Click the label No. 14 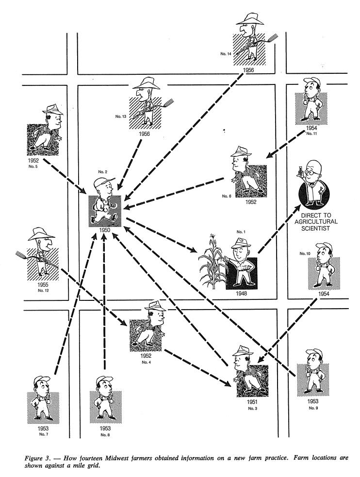click(x=226, y=54)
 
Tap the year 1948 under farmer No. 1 click(x=241, y=293)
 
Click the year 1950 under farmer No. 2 click(x=104, y=230)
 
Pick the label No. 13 click(x=121, y=116)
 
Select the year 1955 click(x=43, y=285)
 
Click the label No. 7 click(x=44, y=434)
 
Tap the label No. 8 click(x=105, y=435)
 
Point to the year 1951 click(x=252, y=402)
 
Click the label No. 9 click(x=313, y=408)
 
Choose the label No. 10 click(x=305, y=253)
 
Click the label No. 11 click(x=311, y=133)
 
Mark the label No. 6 click(x=227, y=196)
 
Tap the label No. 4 click(x=146, y=362)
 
